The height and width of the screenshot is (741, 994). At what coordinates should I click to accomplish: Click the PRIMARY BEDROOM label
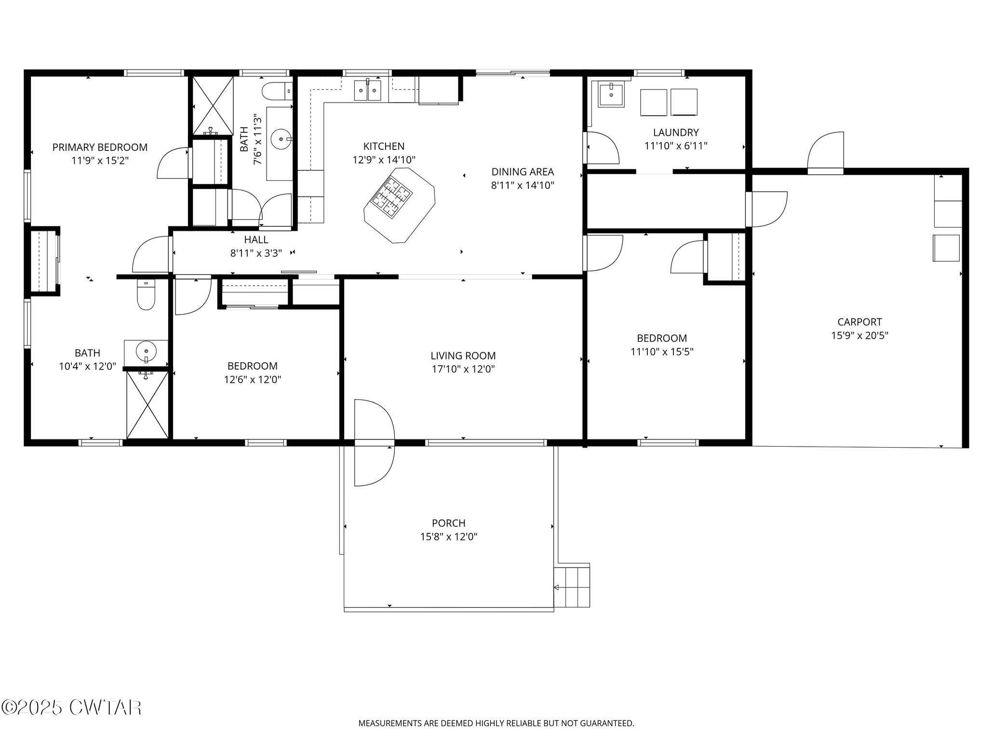click(x=100, y=147)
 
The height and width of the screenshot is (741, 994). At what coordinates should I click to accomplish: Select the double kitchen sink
click(x=367, y=90)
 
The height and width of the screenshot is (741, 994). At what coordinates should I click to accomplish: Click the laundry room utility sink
click(x=611, y=94)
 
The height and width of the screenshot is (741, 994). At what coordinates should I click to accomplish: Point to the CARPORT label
click(x=860, y=322)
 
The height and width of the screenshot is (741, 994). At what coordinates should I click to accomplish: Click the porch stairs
click(x=572, y=587)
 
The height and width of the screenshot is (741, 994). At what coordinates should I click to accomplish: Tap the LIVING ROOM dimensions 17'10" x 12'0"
click(x=463, y=369)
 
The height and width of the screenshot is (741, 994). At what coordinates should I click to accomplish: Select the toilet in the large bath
click(x=146, y=294)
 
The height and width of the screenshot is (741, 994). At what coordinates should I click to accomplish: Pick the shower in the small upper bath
click(x=213, y=106)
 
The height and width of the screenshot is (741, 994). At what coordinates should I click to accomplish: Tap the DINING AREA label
click(x=523, y=172)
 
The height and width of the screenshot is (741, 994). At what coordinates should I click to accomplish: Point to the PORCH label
click(x=448, y=523)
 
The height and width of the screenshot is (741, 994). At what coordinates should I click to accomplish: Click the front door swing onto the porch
click(x=375, y=442)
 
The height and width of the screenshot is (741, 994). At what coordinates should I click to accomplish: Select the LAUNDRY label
click(x=676, y=132)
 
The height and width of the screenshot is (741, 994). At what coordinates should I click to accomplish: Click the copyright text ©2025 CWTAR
click(x=71, y=707)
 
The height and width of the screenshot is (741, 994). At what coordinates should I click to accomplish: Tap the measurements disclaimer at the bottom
click(x=496, y=723)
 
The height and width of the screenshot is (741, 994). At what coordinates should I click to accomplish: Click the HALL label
click(x=256, y=239)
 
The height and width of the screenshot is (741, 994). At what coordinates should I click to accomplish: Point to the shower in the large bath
click(x=147, y=404)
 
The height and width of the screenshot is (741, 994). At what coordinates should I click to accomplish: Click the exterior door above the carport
click(x=826, y=153)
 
